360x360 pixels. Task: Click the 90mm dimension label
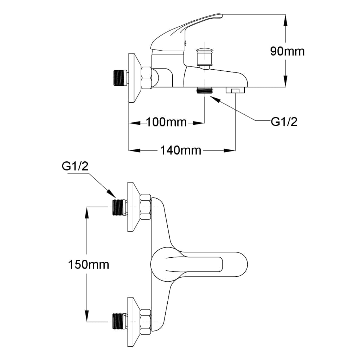(287, 51)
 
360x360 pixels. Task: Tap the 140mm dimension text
(181, 150)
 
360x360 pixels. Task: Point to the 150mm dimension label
(88, 264)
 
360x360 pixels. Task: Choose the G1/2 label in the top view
(75, 167)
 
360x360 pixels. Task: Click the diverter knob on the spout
(205, 56)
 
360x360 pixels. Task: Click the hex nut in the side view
(146, 78)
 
